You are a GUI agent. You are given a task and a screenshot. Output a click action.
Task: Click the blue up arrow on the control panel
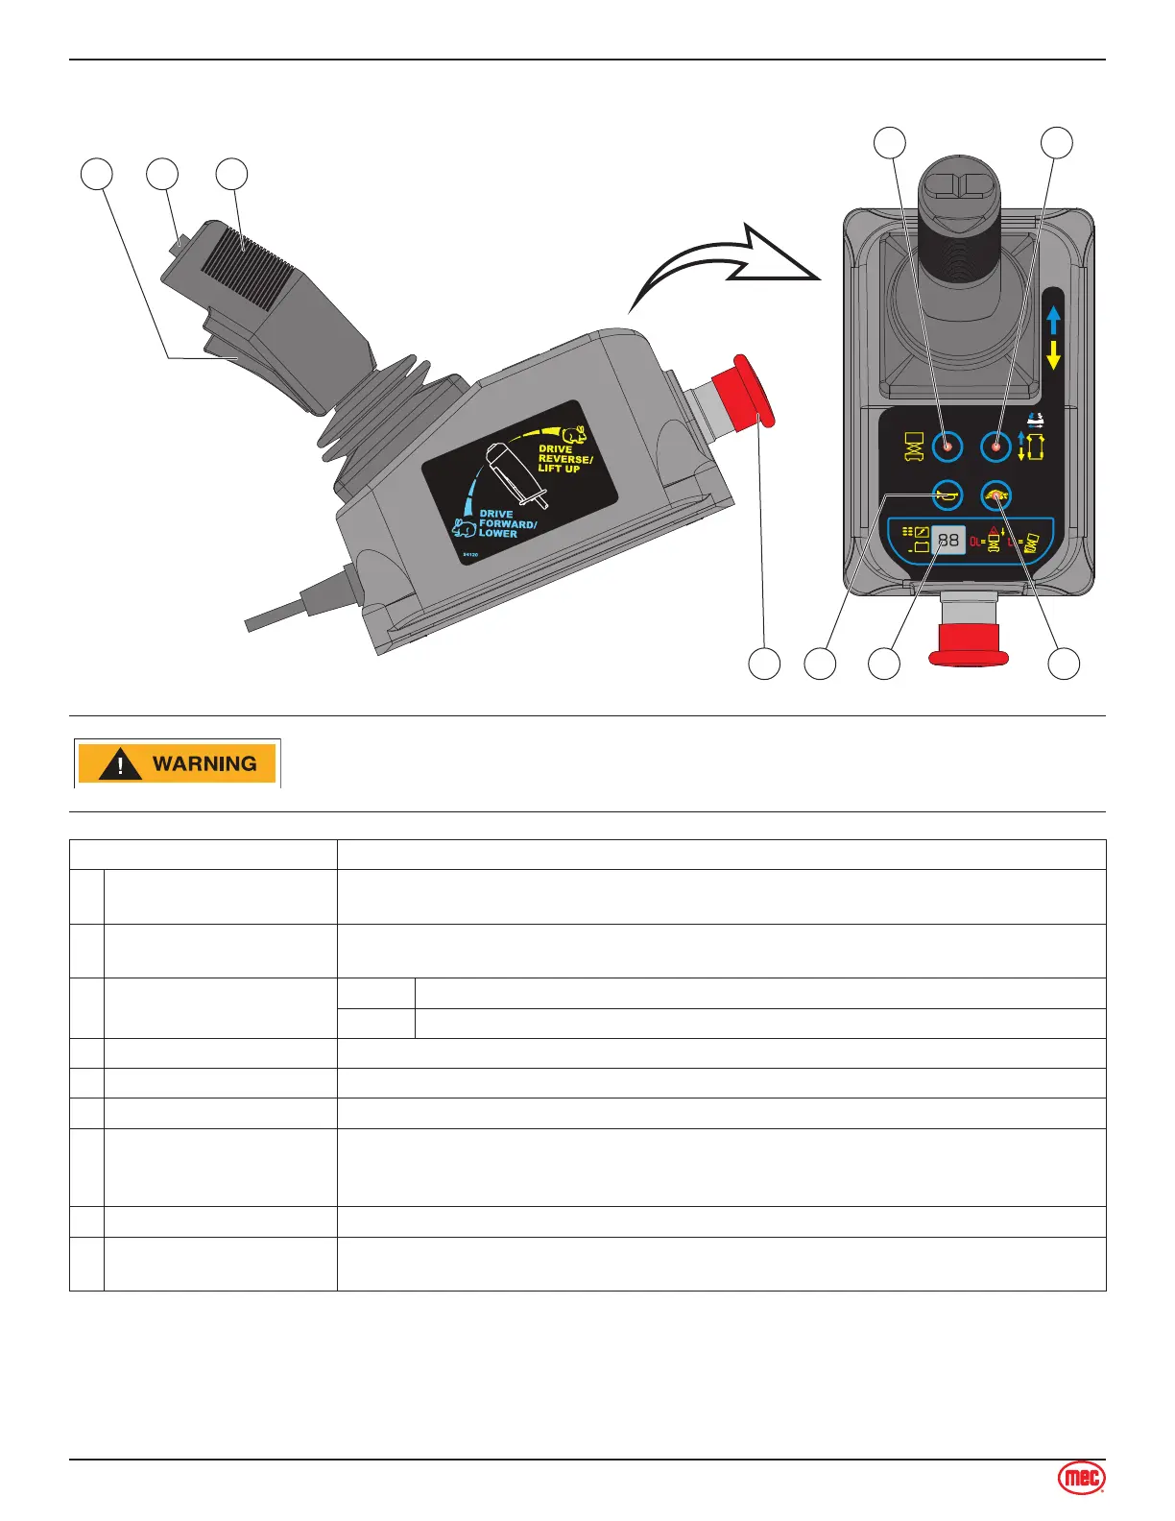[1053, 320]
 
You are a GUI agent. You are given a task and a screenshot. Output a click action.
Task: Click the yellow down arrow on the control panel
[1053, 355]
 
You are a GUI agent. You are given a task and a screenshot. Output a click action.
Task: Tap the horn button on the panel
[947, 495]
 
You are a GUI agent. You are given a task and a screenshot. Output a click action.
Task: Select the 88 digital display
[947, 541]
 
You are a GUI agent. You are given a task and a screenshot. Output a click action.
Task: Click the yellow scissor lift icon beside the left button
[913, 447]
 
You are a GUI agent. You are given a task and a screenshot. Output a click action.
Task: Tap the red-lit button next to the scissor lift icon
[947, 447]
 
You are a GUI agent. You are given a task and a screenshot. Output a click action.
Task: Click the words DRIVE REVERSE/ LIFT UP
[564, 459]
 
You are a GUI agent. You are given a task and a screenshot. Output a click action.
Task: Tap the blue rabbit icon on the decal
[465, 527]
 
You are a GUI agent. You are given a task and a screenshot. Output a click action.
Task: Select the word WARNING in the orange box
[204, 764]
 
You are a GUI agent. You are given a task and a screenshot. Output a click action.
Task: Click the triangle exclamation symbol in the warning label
[121, 765]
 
